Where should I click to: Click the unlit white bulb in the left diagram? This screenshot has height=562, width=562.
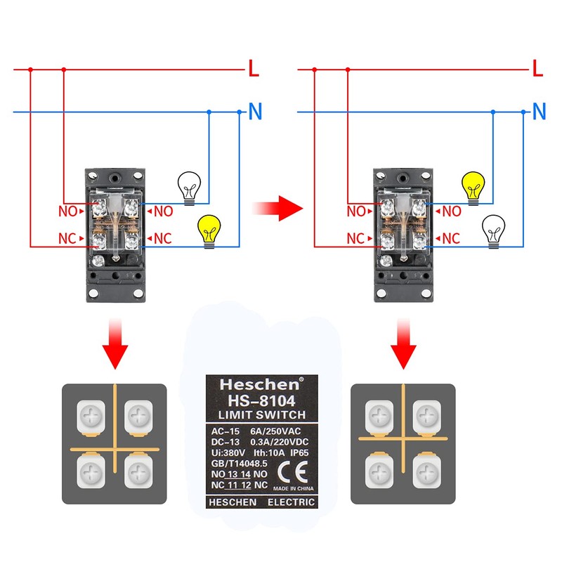point(189,188)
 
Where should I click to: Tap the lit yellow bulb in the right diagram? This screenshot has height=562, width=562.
point(473,188)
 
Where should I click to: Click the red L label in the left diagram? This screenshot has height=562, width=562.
point(254,68)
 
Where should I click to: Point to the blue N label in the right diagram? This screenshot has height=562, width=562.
point(539,111)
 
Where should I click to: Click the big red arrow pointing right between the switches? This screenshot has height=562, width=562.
point(277,208)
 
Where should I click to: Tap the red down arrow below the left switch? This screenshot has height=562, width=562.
point(115,344)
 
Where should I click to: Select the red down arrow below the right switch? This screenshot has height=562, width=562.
point(403,344)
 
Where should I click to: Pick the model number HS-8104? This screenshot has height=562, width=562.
point(261,400)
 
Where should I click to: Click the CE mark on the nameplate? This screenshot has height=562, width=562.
point(293,471)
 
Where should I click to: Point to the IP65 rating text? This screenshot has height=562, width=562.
point(299,452)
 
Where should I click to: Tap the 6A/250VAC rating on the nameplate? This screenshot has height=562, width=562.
point(275,431)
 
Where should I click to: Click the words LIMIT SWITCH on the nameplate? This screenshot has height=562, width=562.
point(262,414)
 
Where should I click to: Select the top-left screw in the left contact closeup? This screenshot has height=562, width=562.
point(91,417)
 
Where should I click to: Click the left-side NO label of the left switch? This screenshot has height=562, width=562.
point(67,211)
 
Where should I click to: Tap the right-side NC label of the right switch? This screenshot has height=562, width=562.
point(451,239)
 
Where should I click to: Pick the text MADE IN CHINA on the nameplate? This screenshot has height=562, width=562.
point(293,488)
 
